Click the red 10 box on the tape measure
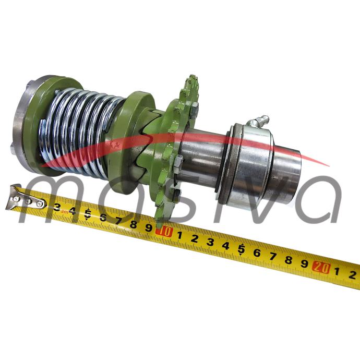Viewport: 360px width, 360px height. coord(163,232)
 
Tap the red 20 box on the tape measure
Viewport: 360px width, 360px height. coord(321,268)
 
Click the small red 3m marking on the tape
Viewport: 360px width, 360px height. coord(65,212)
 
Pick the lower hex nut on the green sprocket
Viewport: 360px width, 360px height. coord(178,163)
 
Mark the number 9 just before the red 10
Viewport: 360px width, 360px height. coord(149,228)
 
